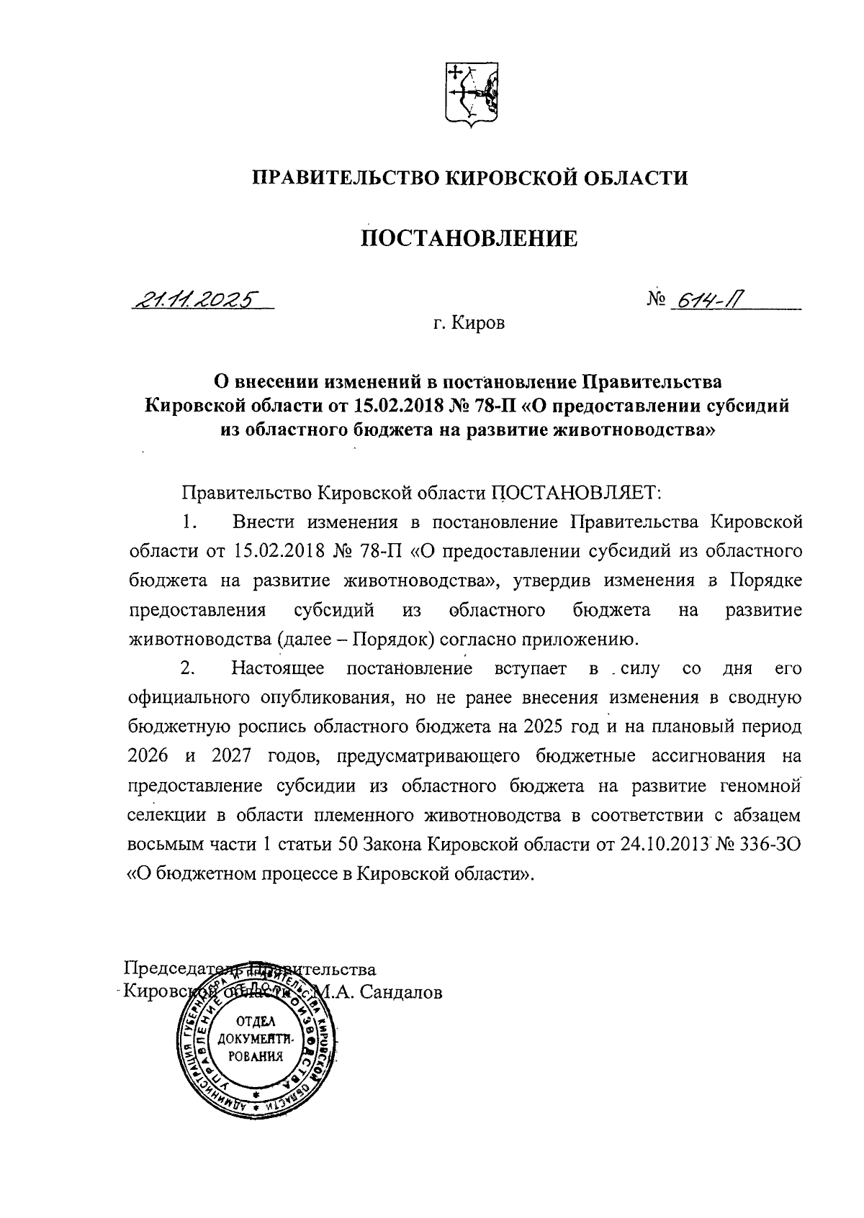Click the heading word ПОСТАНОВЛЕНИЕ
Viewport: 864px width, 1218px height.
[x=468, y=237]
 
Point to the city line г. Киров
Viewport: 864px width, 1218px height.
[x=469, y=324]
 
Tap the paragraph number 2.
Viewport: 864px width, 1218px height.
[x=189, y=668]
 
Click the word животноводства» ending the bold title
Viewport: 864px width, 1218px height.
[x=633, y=430]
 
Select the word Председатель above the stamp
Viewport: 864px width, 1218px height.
[x=181, y=968]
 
